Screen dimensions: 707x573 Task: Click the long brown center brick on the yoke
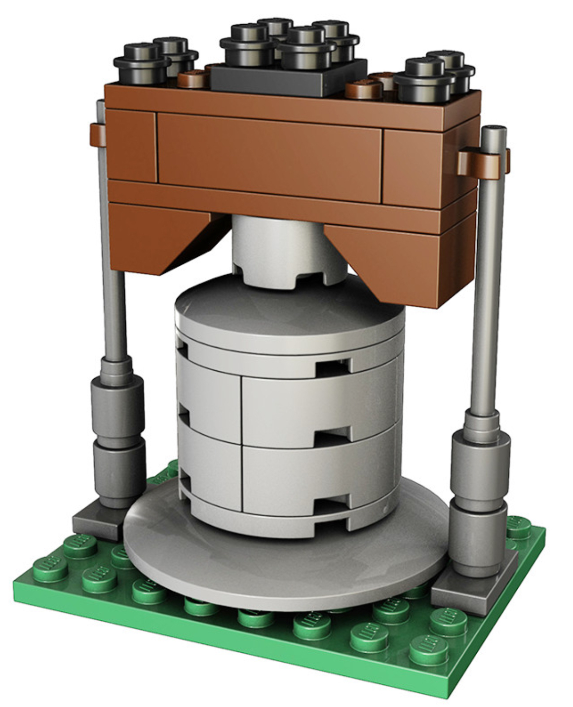coord(269,155)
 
